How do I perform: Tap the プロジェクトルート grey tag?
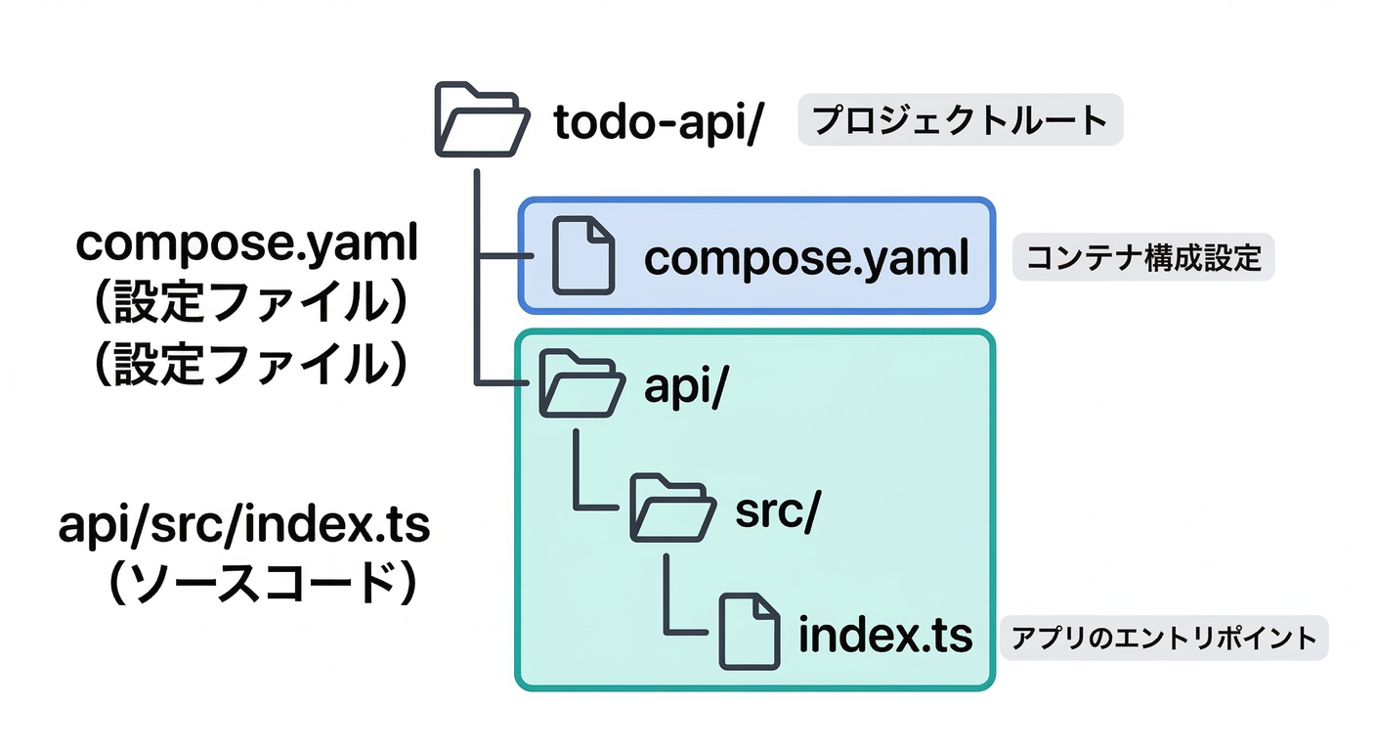pos(960,120)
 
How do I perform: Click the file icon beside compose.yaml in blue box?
pos(583,256)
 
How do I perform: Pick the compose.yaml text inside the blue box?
pos(806,259)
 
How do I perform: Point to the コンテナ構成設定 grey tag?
pos(1142,259)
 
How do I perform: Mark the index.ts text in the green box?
pos(885,636)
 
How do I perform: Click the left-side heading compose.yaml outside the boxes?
pos(247,243)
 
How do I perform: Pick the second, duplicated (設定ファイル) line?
pos(247,364)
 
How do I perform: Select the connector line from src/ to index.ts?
pos(668,596)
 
